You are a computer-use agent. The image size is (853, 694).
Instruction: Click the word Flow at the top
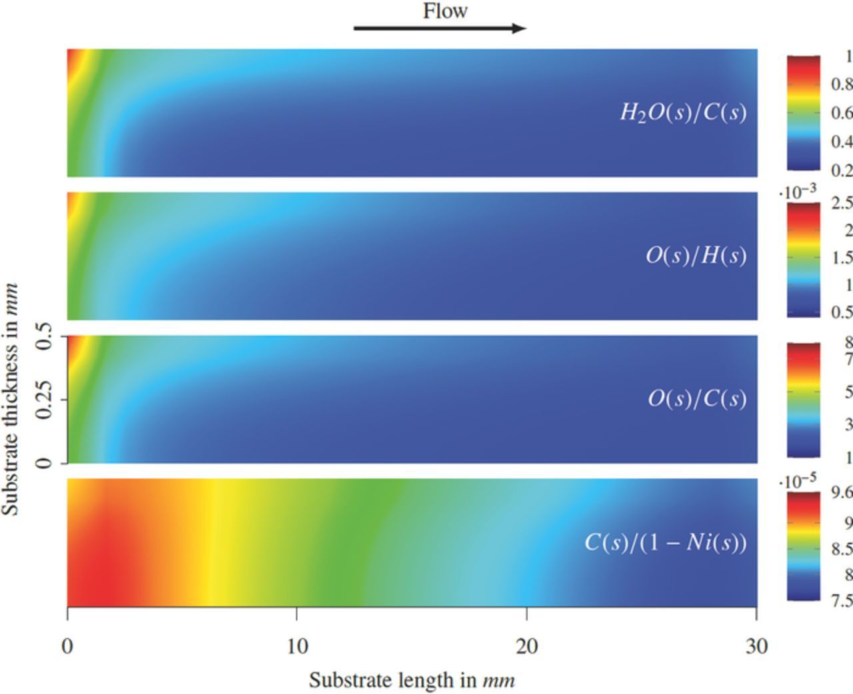click(444, 11)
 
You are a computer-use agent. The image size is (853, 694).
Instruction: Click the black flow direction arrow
click(440, 28)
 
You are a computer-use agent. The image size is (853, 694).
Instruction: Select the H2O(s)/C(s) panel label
click(683, 112)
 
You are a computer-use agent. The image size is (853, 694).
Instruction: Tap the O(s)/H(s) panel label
click(696, 255)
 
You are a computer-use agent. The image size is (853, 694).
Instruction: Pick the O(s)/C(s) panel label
click(696, 398)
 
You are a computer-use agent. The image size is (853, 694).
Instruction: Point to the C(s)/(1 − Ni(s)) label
click(665, 542)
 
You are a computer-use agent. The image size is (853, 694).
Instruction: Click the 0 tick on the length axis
click(67, 646)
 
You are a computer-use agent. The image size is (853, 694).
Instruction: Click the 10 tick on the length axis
click(297, 646)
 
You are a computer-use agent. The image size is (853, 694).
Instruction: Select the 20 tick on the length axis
click(526, 646)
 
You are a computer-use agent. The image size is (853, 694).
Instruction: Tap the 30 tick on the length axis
click(756, 646)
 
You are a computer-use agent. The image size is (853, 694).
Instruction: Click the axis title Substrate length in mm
click(411, 680)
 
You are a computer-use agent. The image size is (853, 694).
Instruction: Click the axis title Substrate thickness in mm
click(10, 399)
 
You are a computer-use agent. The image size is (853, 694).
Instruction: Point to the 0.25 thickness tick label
click(44, 400)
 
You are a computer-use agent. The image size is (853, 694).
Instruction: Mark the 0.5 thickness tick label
click(44, 336)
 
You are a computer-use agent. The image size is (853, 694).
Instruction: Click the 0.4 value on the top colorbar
click(841, 141)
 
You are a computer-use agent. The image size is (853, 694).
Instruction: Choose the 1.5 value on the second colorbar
click(841, 257)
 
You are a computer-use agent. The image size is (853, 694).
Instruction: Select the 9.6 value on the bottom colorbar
click(841, 493)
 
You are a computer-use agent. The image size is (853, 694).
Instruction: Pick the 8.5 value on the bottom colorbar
click(841, 549)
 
